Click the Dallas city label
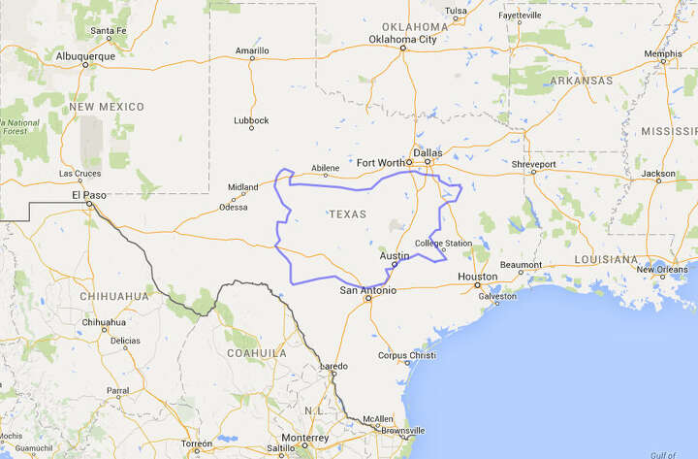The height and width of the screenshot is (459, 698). (x=427, y=152)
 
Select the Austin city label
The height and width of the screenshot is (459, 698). (x=394, y=255)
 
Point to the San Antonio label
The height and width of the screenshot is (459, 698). (x=367, y=289)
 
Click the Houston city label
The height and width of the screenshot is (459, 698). (x=477, y=277)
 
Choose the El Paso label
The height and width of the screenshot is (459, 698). (x=89, y=194)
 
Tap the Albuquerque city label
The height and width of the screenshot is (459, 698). (x=87, y=56)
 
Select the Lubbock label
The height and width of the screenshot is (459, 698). (x=251, y=120)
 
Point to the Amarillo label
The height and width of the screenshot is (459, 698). (x=252, y=49)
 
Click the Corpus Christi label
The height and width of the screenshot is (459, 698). (x=406, y=355)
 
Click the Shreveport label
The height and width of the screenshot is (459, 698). (x=535, y=165)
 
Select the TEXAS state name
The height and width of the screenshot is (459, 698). (x=348, y=213)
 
